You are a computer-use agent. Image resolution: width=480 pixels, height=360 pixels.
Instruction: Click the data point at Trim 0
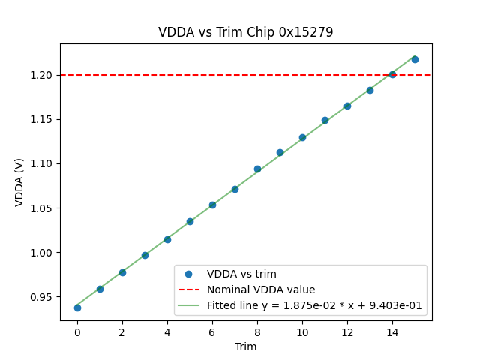[x=77, y=307]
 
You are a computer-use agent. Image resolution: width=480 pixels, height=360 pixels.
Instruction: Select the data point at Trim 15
[x=415, y=58]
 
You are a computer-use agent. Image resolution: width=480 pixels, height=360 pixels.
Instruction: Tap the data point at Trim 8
[x=257, y=169]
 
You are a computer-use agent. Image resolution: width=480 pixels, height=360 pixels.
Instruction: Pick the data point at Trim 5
[x=190, y=221]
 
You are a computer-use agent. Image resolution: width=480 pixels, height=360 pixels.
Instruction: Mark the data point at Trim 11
[x=325, y=120]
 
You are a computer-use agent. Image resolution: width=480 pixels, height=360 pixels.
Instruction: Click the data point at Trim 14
[x=392, y=74]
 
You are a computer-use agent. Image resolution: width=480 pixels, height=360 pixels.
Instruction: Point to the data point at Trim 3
[x=145, y=255]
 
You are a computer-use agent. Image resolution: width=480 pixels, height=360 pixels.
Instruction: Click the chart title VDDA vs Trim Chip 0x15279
[x=246, y=32]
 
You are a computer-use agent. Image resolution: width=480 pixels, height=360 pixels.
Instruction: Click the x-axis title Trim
[x=246, y=346]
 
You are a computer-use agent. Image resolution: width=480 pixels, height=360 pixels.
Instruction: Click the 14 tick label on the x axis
[x=392, y=331]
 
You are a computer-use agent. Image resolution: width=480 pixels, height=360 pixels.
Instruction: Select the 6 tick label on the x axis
[x=212, y=331]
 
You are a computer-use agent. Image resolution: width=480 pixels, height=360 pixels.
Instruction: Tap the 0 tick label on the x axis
[x=77, y=331]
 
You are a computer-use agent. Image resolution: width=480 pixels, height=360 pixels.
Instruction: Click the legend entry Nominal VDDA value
[x=261, y=289]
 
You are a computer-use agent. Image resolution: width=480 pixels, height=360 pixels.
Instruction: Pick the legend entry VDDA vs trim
[x=241, y=274]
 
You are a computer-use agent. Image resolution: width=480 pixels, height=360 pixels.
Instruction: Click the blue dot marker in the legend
[x=189, y=274]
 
